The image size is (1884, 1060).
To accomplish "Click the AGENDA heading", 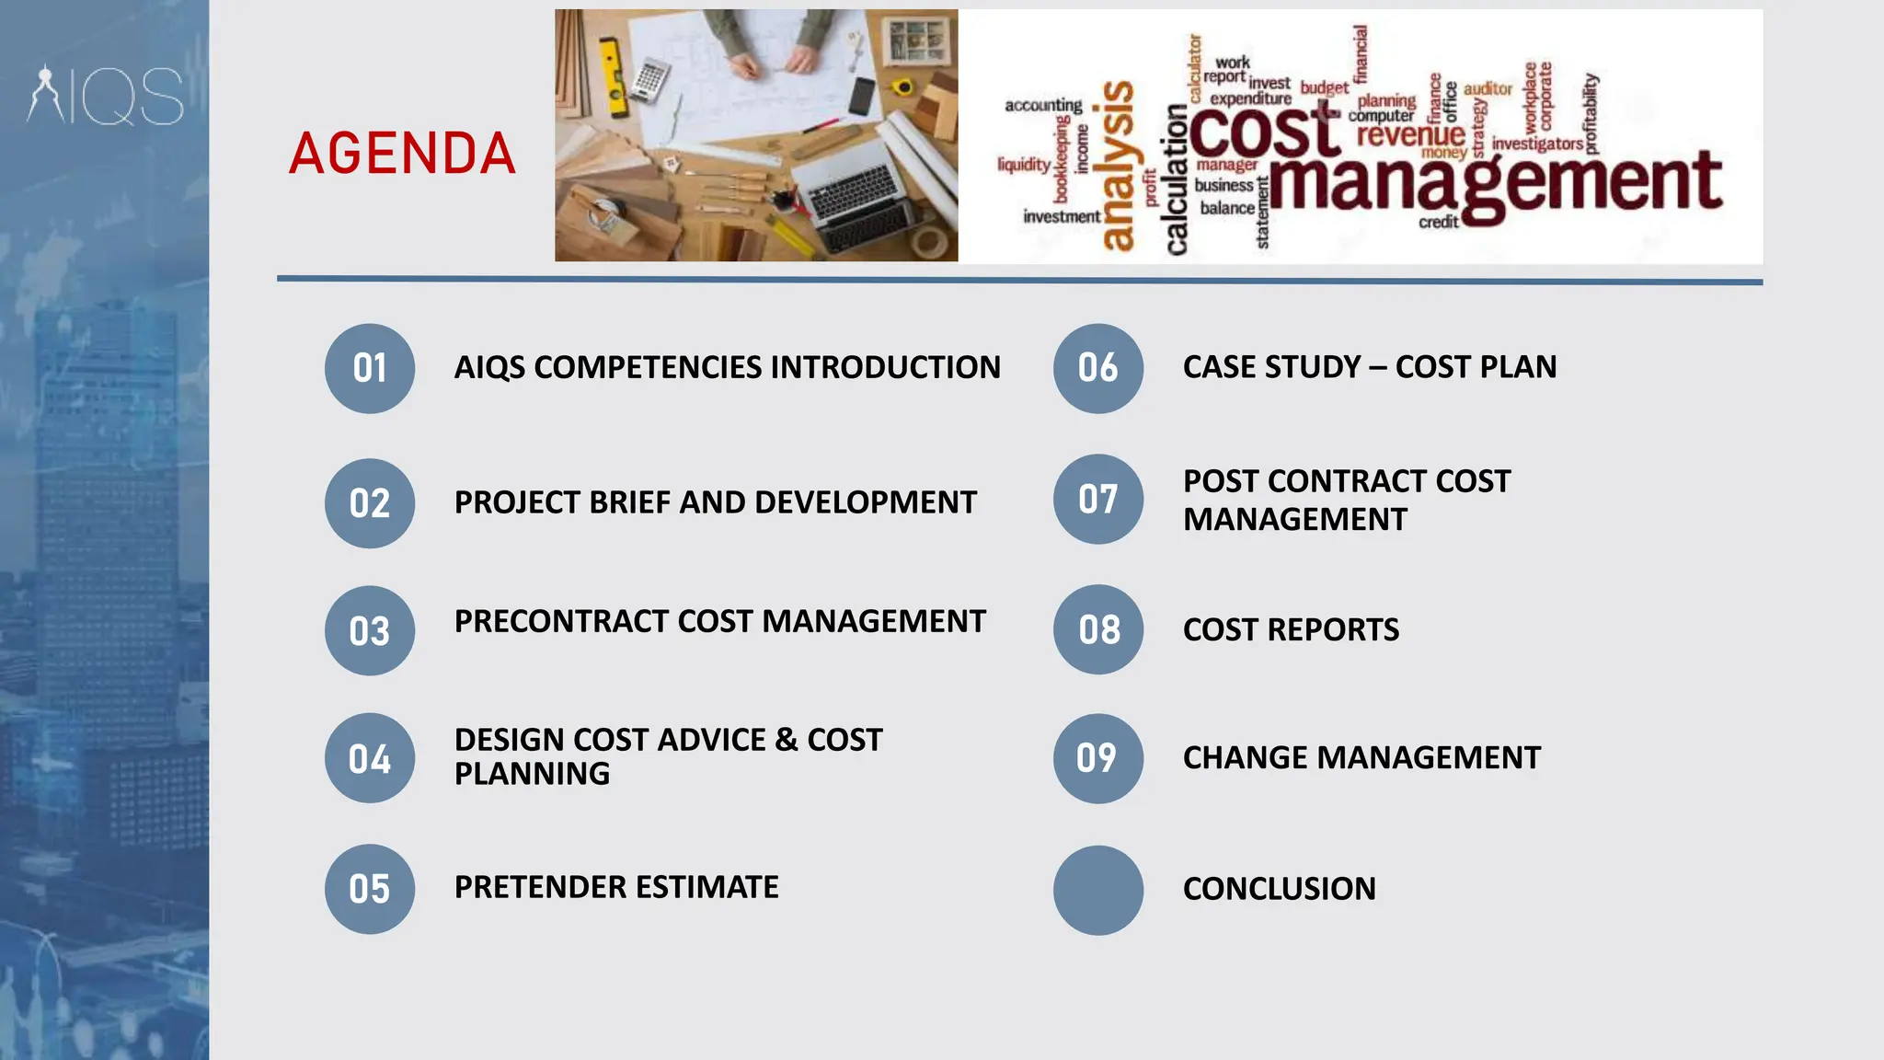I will click(402, 154).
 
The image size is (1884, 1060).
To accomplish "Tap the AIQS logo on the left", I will click(106, 95).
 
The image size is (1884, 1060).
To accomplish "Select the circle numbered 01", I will click(370, 368).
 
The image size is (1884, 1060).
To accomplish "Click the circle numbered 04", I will click(370, 758).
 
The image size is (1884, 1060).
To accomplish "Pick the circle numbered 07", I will click(1098, 499).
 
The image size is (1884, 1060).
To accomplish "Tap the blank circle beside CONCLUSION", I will click(1098, 890).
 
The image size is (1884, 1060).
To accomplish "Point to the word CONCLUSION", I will click(1279, 889).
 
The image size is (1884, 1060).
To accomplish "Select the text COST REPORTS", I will click(1291, 630).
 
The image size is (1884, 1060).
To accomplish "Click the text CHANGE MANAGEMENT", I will click(1361, 758).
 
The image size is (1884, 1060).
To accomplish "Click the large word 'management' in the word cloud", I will click(1495, 184).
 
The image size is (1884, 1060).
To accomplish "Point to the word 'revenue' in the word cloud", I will click(1409, 135).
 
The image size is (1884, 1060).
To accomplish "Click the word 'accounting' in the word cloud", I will click(1043, 106).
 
